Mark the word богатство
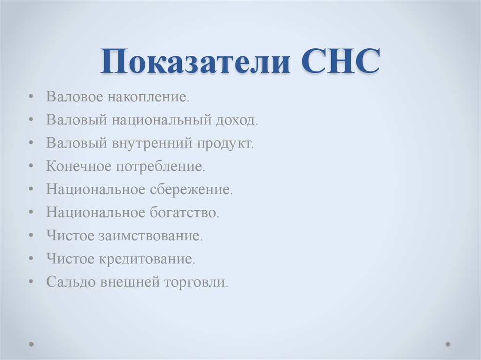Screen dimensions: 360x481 tap(185, 212)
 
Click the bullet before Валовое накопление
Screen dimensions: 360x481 tap(31, 97)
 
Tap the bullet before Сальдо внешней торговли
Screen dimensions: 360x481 tap(31, 282)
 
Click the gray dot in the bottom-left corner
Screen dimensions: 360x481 tap(31, 344)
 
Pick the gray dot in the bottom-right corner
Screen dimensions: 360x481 tap(448, 344)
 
